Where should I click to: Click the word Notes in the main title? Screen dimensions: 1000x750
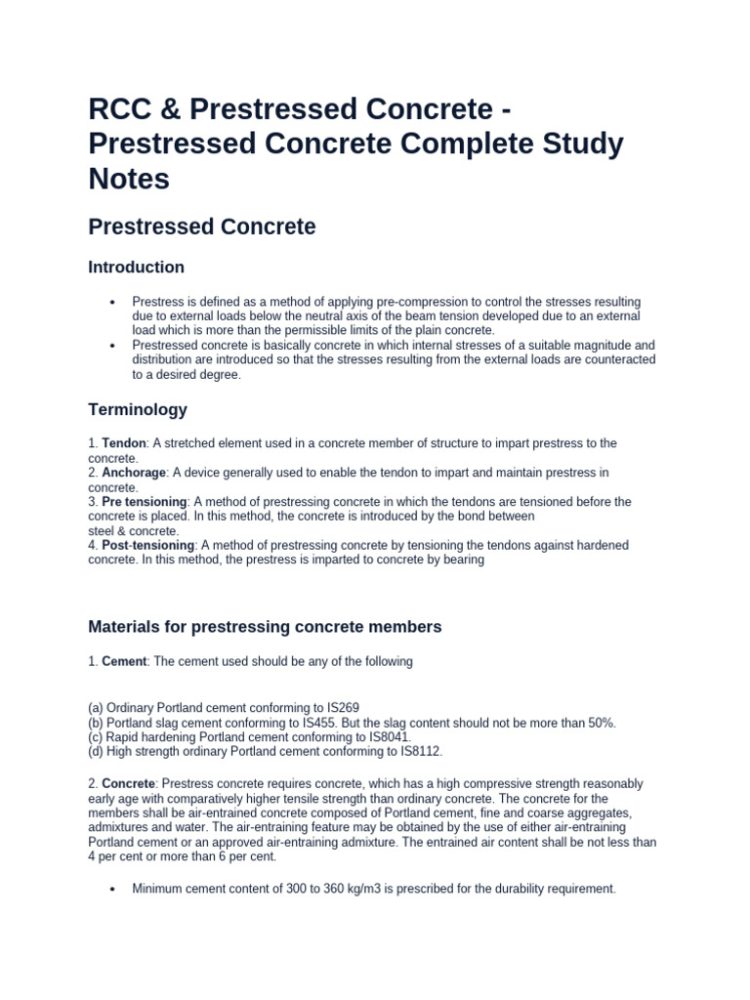(129, 180)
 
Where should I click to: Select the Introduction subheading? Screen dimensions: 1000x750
(136, 267)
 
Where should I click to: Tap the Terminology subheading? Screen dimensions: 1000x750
(138, 409)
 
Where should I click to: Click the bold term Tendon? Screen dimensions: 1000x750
(121, 443)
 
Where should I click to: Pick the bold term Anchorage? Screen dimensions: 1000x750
(133, 473)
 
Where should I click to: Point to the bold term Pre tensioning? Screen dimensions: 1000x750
(144, 502)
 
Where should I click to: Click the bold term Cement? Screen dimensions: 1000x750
(124, 661)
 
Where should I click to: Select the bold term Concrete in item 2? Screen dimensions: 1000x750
(129, 783)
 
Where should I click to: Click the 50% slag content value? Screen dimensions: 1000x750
(599, 722)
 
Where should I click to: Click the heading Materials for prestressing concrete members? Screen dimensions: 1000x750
(265, 626)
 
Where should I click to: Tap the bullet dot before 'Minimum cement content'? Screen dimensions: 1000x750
(114, 890)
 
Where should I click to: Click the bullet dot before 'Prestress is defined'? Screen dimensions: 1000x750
(114, 303)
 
